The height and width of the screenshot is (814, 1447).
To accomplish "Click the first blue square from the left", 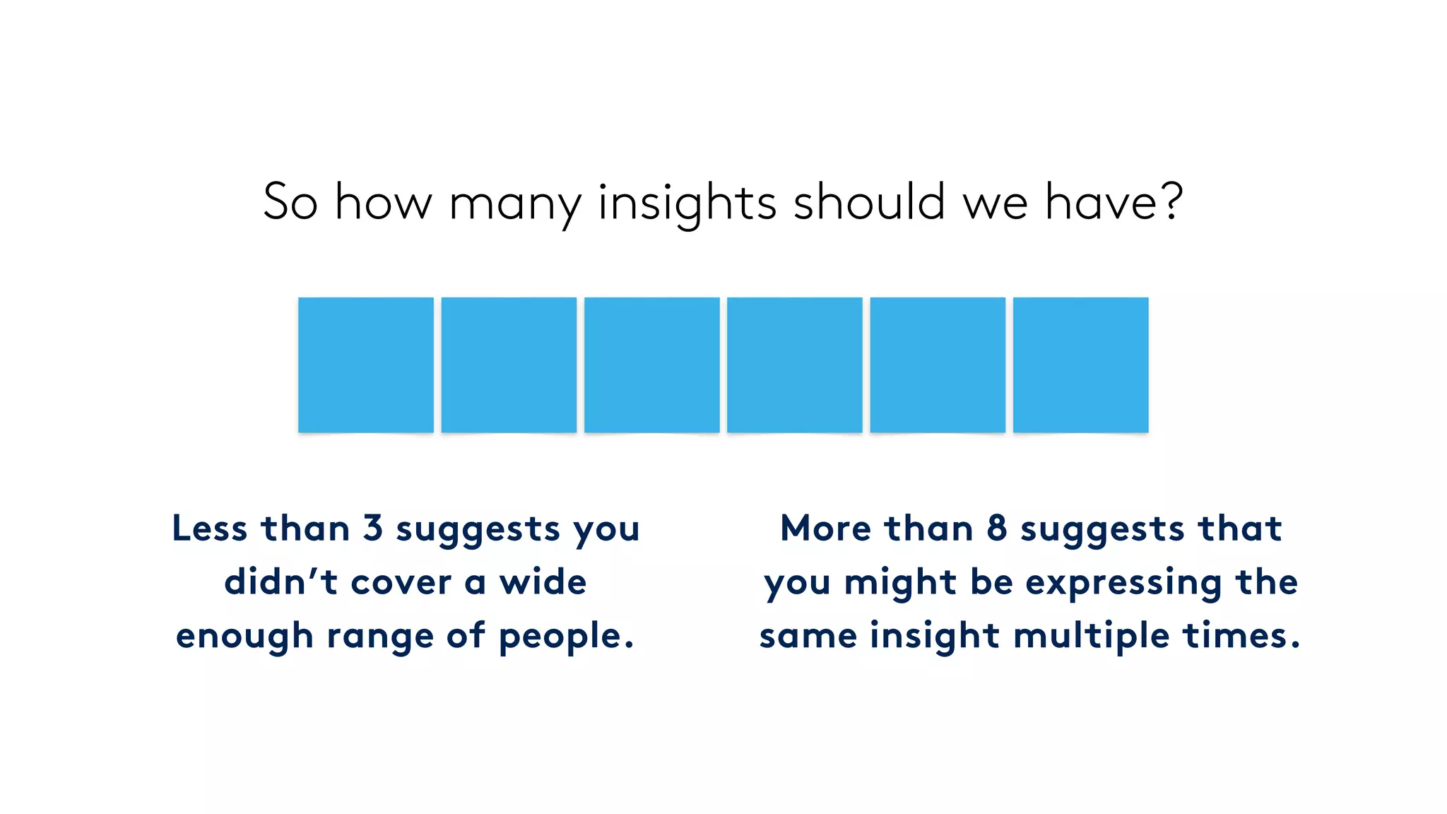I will pos(365,365).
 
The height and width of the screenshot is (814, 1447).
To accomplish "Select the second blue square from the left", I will pos(509,365).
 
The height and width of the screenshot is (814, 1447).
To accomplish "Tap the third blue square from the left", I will pos(651,365).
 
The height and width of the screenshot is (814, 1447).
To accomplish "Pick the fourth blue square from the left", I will pos(794,365).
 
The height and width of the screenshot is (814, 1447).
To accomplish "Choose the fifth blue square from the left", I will pos(938,365).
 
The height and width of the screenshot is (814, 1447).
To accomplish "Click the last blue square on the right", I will pos(1080,365).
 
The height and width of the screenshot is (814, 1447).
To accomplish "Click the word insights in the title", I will pos(687,203).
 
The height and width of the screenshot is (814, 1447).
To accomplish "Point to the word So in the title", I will pos(290,202).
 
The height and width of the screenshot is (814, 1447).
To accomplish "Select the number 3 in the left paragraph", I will pos(372,529).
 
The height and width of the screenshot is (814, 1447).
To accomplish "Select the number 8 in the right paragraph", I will pos(996,529).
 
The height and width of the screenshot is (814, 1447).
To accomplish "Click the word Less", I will pos(210,529).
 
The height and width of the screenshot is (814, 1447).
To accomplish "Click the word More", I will pos(825,529).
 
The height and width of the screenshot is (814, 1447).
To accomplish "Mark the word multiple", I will pos(1091,636).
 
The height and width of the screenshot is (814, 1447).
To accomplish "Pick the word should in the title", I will pos(869,202).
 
